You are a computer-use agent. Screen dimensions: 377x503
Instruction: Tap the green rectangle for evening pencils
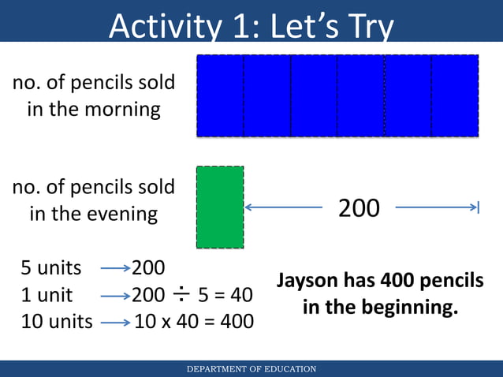(220, 207)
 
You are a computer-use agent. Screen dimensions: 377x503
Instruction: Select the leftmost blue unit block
(220, 96)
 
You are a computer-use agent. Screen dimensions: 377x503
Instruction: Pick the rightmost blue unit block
(455, 96)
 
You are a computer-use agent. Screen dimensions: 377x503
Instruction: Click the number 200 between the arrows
(359, 208)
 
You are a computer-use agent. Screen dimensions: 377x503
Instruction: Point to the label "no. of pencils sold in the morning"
(94, 95)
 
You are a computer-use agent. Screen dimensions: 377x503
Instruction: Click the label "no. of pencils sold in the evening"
(94, 200)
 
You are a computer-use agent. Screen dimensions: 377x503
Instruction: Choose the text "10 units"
(56, 322)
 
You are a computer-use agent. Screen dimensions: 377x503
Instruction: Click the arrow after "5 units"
(115, 269)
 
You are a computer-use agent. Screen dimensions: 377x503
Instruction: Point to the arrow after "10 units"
(115, 323)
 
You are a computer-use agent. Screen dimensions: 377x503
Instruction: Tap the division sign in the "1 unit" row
(181, 295)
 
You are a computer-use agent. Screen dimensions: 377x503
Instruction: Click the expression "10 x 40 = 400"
(194, 322)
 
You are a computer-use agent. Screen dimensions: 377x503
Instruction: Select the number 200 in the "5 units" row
(148, 268)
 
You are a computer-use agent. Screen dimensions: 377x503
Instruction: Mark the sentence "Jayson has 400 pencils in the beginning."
(379, 293)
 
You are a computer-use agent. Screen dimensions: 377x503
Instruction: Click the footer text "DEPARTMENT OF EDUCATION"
(251, 369)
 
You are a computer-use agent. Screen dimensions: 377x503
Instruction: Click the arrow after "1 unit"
(115, 296)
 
